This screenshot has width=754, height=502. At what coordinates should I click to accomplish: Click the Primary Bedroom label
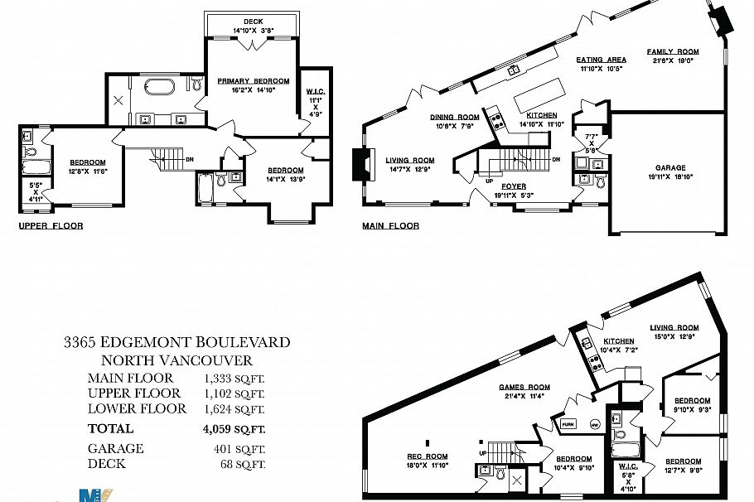(x=253, y=80)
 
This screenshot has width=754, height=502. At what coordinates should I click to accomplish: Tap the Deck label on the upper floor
(x=253, y=22)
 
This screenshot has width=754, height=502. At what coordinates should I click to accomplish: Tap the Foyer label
(x=514, y=186)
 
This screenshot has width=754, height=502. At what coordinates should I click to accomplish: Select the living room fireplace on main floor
(x=358, y=163)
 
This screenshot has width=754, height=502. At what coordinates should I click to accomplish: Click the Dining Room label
(x=454, y=117)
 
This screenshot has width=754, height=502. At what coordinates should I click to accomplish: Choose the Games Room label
(x=524, y=387)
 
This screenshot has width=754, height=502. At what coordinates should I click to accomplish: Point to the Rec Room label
(x=427, y=456)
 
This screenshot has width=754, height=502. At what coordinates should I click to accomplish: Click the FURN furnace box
(x=568, y=424)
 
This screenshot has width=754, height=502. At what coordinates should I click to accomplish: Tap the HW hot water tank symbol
(x=593, y=424)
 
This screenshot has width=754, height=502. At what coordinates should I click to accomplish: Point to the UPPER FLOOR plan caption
(x=51, y=225)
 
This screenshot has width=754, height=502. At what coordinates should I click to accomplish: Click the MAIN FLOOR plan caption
(x=390, y=225)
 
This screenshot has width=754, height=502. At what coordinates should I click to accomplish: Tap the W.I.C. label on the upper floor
(x=314, y=92)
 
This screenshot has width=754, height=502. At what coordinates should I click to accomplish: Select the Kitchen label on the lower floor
(x=618, y=341)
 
